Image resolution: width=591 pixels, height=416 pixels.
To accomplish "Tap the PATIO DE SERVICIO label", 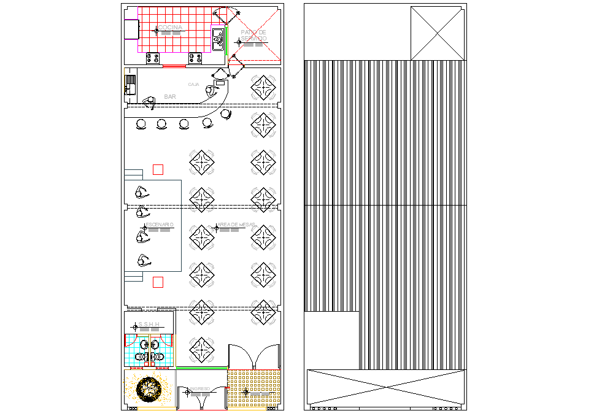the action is point(253,36).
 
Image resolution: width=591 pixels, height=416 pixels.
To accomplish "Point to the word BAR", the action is point(170,97).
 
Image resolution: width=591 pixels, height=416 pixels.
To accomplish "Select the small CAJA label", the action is point(193,84).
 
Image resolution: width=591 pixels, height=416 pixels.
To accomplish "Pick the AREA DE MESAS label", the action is point(236,225).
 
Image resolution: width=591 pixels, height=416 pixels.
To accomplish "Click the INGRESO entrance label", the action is point(199,388).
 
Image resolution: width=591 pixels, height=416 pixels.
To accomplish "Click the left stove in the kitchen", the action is point(153,58).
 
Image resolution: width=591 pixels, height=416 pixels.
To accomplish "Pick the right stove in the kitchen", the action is point(196,58).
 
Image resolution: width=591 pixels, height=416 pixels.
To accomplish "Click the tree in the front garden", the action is point(149,388).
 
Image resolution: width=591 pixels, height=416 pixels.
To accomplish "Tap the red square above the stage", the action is point(158,170).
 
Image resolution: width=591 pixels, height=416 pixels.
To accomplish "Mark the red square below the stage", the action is point(158,282).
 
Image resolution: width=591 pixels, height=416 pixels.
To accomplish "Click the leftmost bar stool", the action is point(141,125).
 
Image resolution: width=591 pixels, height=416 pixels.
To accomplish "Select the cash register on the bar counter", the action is point(220,82).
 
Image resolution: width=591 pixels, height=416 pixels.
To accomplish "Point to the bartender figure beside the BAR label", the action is point(149,101).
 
